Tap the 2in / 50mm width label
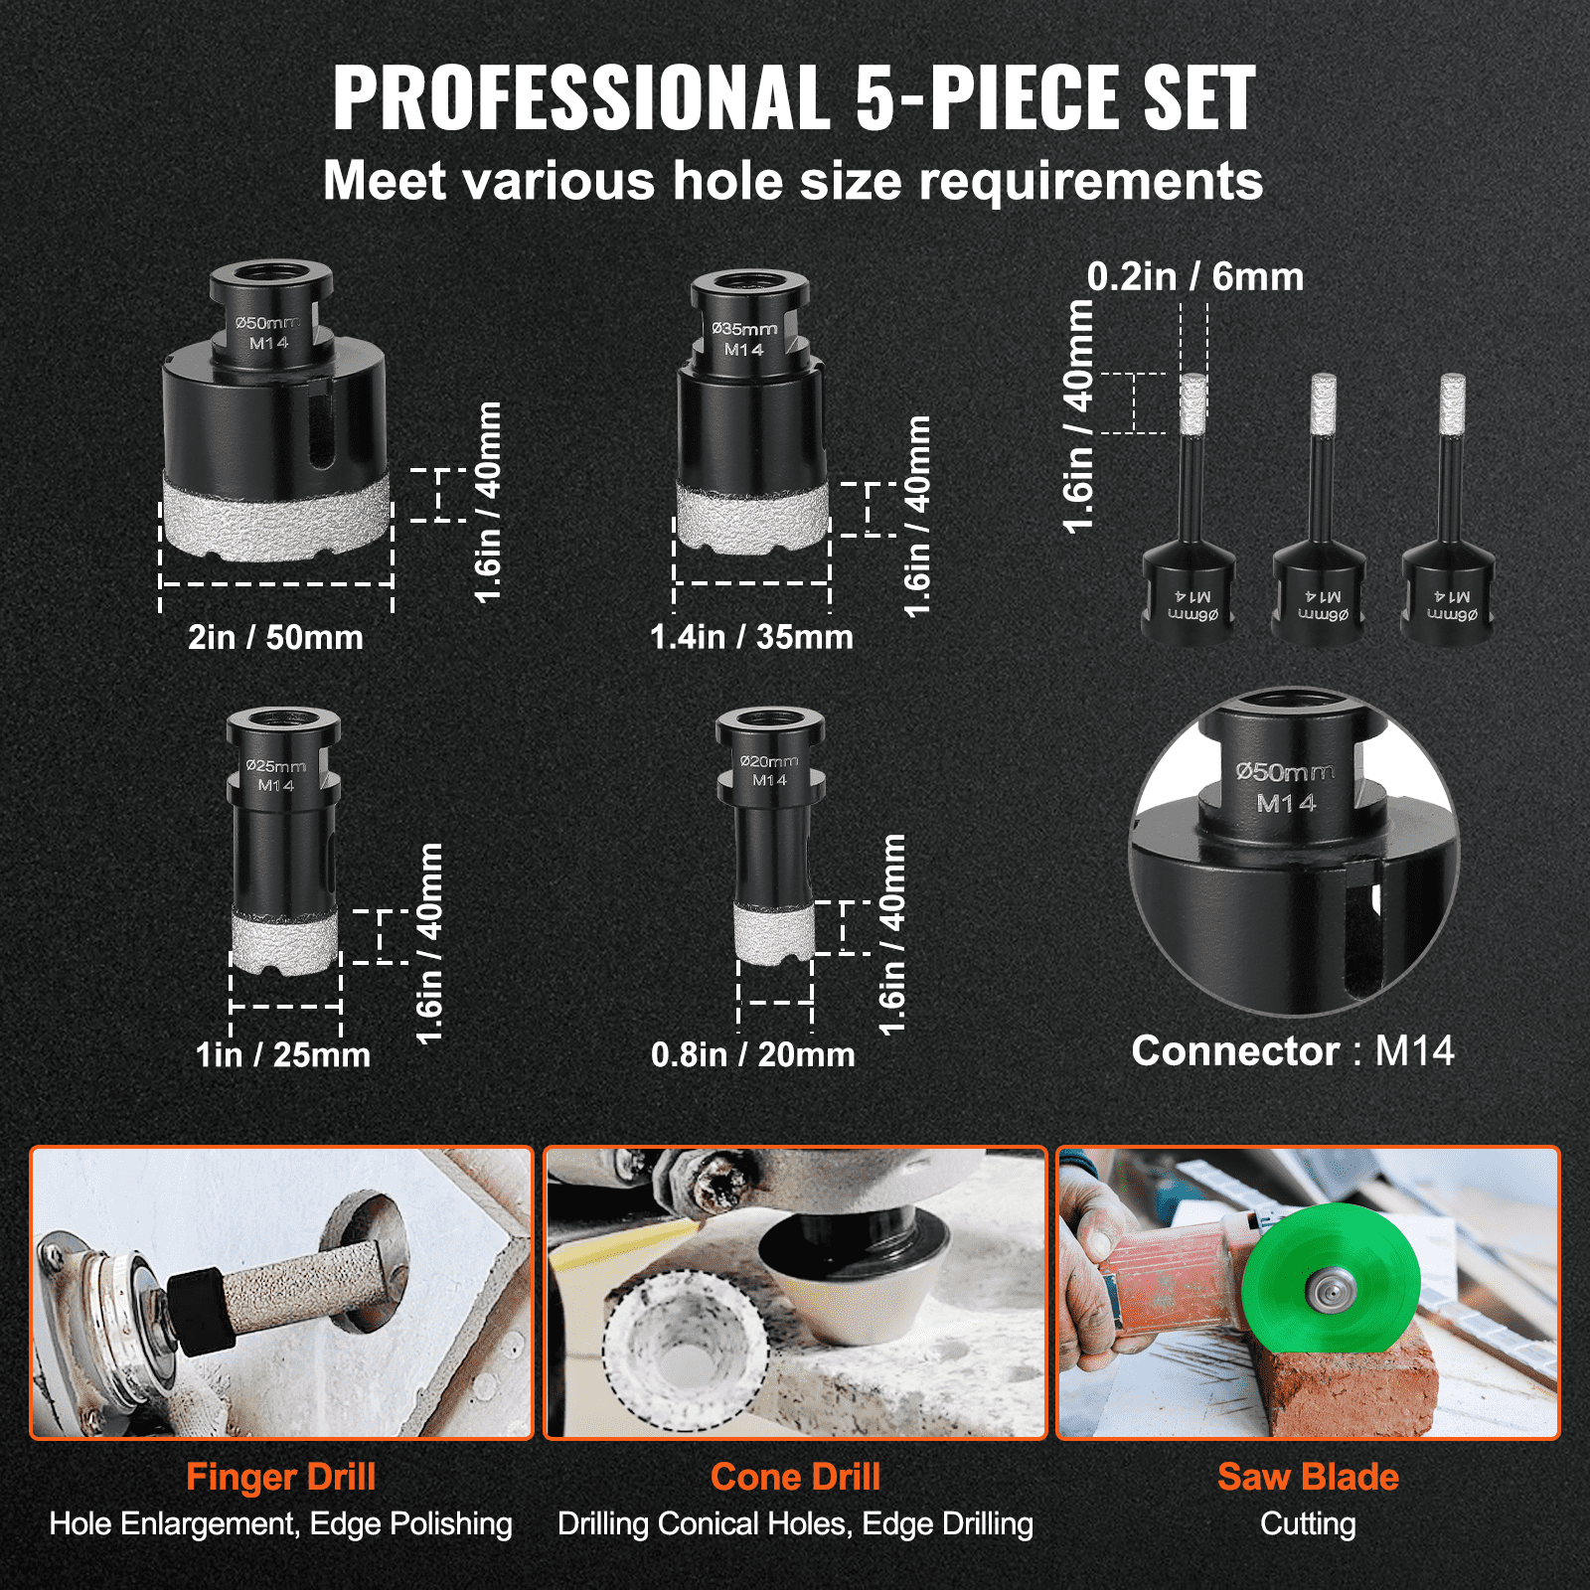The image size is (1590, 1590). (275, 637)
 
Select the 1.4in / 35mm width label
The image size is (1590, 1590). (751, 637)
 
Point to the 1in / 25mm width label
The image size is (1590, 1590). (282, 1054)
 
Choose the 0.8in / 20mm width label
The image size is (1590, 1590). (752, 1054)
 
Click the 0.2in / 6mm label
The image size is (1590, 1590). (1194, 277)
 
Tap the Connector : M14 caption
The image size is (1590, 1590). (1292, 1051)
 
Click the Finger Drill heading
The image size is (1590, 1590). (280, 1477)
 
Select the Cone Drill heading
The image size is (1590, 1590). (795, 1477)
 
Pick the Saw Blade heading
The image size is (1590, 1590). (1308, 1477)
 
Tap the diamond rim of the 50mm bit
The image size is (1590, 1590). (276, 517)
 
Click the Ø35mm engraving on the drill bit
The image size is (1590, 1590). (744, 329)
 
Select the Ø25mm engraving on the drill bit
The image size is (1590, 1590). (275, 766)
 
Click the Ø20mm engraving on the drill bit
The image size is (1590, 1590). (768, 761)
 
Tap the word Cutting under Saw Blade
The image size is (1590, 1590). (1308, 1523)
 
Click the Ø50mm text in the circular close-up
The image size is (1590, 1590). (1284, 772)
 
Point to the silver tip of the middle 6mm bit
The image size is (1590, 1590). (1322, 403)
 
